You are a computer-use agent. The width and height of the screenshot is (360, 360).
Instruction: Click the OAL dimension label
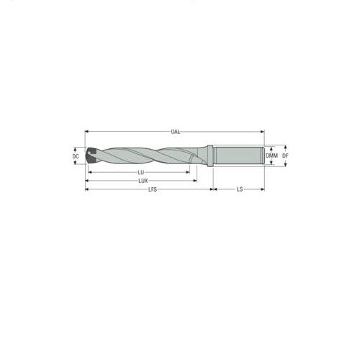pyautogui.click(x=175, y=132)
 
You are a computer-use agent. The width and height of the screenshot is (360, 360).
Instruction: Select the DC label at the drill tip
pyautogui.click(x=76, y=156)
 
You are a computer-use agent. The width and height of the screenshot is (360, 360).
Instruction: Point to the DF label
pyautogui.click(x=285, y=156)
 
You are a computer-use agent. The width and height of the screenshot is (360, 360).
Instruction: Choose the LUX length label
pyautogui.click(x=143, y=181)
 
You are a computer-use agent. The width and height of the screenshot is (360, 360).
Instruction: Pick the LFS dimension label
pyautogui.click(x=151, y=189)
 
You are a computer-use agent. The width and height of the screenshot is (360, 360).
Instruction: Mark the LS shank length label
pyautogui.click(x=238, y=189)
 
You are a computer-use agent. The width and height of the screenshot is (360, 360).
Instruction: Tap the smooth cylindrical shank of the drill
pyautogui.click(x=238, y=156)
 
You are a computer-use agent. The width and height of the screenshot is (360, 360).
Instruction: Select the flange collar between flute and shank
pyautogui.click(x=211, y=156)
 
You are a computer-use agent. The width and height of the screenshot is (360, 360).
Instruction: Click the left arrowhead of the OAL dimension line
pyautogui.click(x=87, y=132)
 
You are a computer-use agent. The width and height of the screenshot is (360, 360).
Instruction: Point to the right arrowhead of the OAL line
pyautogui.click(x=263, y=132)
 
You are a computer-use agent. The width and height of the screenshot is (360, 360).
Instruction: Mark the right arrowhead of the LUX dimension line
pyautogui.click(x=198, y=181)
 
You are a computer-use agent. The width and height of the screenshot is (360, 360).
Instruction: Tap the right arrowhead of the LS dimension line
pyautogui.click(x=263, y=189)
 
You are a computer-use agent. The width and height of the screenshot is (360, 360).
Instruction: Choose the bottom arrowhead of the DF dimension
pyautogui.click(x=278, y=166)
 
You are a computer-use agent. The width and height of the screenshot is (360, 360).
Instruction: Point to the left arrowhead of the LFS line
pyautogui.click(x=87, y=189)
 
